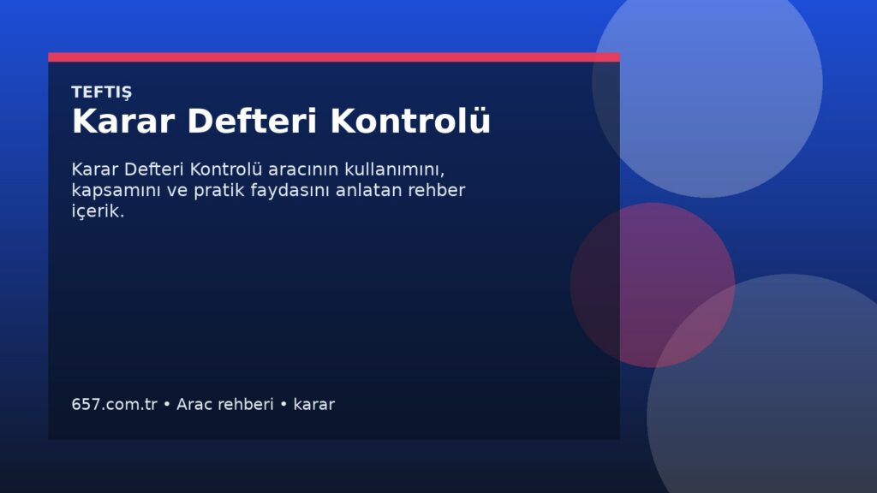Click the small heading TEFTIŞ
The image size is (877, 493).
pos(102,92)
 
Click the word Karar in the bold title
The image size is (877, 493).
pos(123,121)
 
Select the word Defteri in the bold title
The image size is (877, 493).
pos(253,121)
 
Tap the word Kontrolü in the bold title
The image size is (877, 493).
pos(410,121)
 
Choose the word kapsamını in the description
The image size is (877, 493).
pos(116,191)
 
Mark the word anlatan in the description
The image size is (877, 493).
pos(369,190)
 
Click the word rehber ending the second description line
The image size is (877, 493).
pos(437,190)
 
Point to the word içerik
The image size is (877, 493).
pos(98,212)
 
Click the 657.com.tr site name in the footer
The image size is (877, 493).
pos(115,404)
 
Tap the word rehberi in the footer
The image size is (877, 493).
pos(247,404)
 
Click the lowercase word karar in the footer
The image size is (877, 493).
pos(313,404)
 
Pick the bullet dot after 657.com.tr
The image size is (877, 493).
pos(167,404)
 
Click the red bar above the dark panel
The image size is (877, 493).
pos(334,57)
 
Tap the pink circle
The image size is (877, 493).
pos(652,285)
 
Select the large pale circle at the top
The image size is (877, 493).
pos(707,83)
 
